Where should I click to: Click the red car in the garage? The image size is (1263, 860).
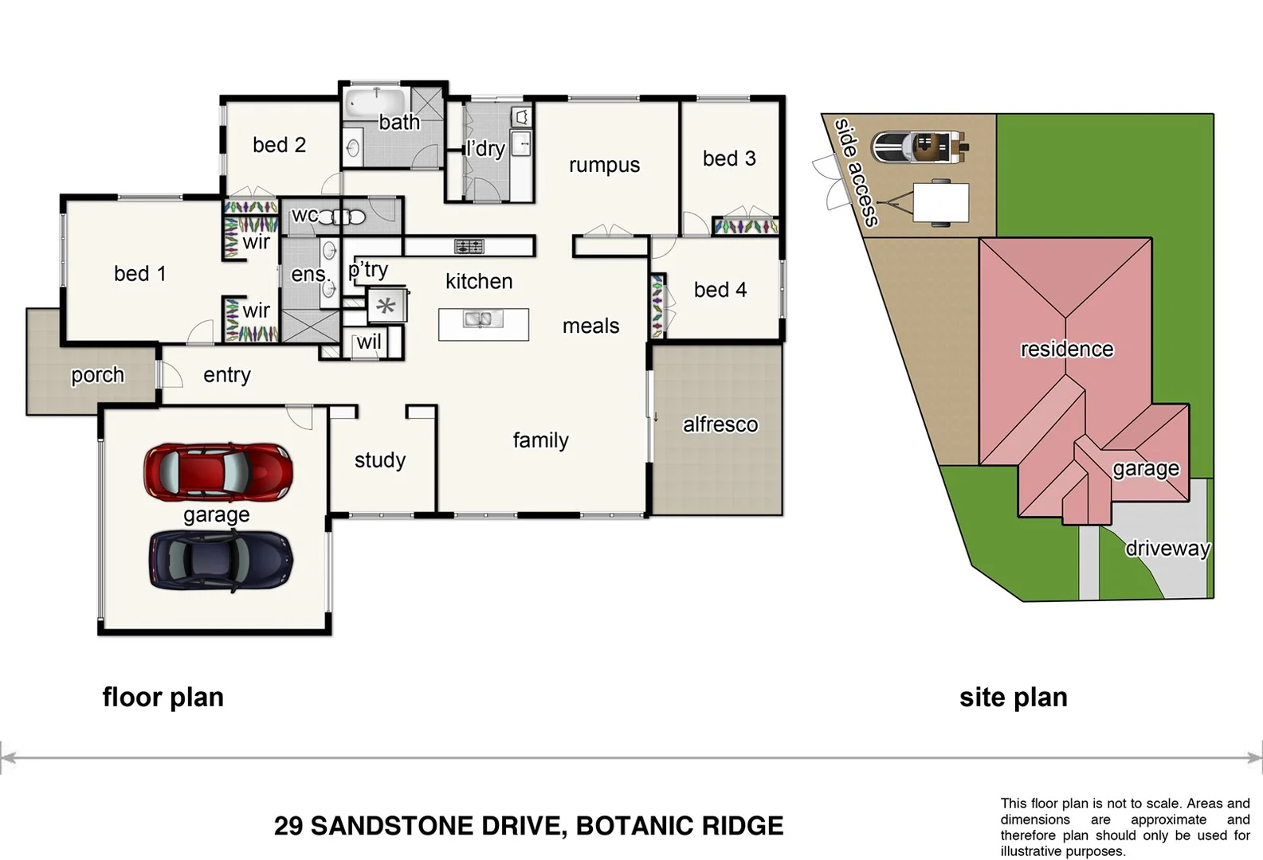click(x=218, y=472)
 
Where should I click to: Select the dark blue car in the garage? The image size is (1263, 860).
click(x=221, y=561)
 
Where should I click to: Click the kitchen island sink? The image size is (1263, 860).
click(x=483, y=320)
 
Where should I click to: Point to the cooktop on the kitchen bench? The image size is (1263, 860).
click(x=469, y=246)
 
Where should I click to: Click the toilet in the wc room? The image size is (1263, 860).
click(x=348, y=217)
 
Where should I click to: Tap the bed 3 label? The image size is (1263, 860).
click(x=728, y=158)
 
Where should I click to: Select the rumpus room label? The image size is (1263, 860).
click(x=604, y=165)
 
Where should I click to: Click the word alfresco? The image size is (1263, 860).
click(x=720, y=424)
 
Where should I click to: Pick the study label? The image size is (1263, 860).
click(x=380, y=460)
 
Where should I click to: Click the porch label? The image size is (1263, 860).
click(x=97, y=375)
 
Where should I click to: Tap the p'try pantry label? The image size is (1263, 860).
click(x=368, y=270)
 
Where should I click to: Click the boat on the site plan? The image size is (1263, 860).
click(x=919, y=147)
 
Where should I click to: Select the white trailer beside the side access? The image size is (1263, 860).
click(x=940, y=202)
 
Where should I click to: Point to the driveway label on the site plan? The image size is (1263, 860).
click(x=1167, y=549)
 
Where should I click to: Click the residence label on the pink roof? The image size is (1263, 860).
click(x=1066, y=349)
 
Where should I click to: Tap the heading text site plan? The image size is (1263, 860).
click(x=1013, y=697)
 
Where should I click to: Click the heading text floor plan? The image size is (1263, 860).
click(x=163, y=697)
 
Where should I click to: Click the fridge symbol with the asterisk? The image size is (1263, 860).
click(x=386, y=306)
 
